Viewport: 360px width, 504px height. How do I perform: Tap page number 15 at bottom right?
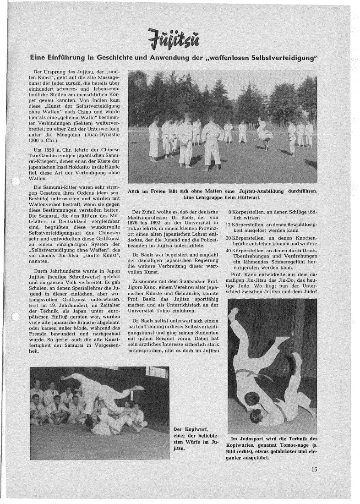314,469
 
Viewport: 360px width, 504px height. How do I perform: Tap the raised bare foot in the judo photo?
233,314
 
